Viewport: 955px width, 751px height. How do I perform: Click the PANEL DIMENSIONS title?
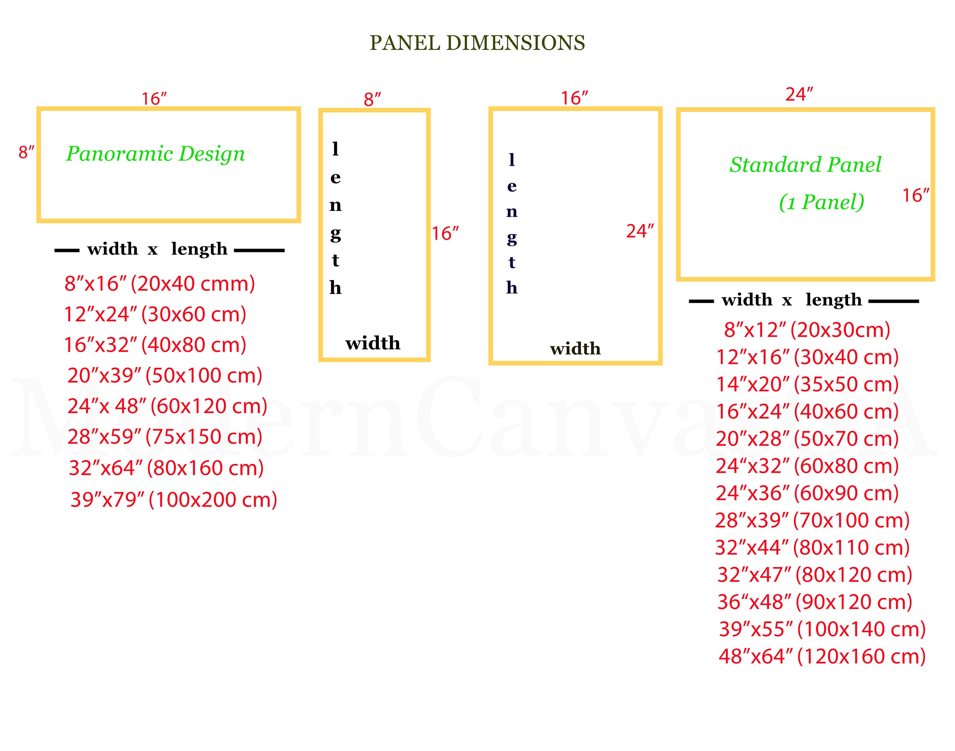tap(477, 43)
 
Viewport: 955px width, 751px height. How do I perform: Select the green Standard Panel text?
tap(805, 165)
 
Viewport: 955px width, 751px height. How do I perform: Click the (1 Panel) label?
tap(822, 202)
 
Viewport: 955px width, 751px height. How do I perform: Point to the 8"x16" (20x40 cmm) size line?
tap(160, 284)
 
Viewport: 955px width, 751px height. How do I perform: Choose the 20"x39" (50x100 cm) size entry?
tap(165, 375)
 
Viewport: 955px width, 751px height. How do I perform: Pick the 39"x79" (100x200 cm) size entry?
tap(174, 500)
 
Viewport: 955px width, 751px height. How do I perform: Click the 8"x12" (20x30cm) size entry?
tap(807, 330)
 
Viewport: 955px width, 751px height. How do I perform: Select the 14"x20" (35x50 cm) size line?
tap(807, 384)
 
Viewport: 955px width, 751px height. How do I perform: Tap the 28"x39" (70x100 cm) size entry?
tap(812, 520)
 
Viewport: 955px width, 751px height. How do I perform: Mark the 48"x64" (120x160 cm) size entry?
tap(822, 656)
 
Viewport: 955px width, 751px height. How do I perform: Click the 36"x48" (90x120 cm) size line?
tap(815, 602)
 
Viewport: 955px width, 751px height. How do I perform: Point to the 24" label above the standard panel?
tap(799, 95)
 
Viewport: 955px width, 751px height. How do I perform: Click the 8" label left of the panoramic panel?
tap(26, 152)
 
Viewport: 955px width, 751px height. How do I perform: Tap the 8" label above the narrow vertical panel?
tap(372, 100)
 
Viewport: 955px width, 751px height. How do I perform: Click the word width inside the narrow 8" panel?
tap(373, 343)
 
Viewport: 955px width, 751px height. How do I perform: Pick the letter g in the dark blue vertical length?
tap(512, 238)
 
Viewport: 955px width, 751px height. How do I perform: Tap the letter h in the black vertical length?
tap(336, 288)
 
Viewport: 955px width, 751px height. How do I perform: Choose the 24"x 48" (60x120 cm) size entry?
tap(167, 406)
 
